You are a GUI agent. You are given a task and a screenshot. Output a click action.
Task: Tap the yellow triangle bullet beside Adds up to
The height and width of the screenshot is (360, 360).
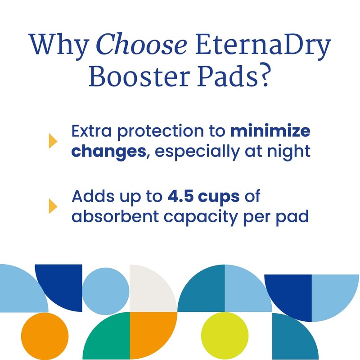(53, 205)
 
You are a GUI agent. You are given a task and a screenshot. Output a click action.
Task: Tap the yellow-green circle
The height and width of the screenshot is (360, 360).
(224, 335)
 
